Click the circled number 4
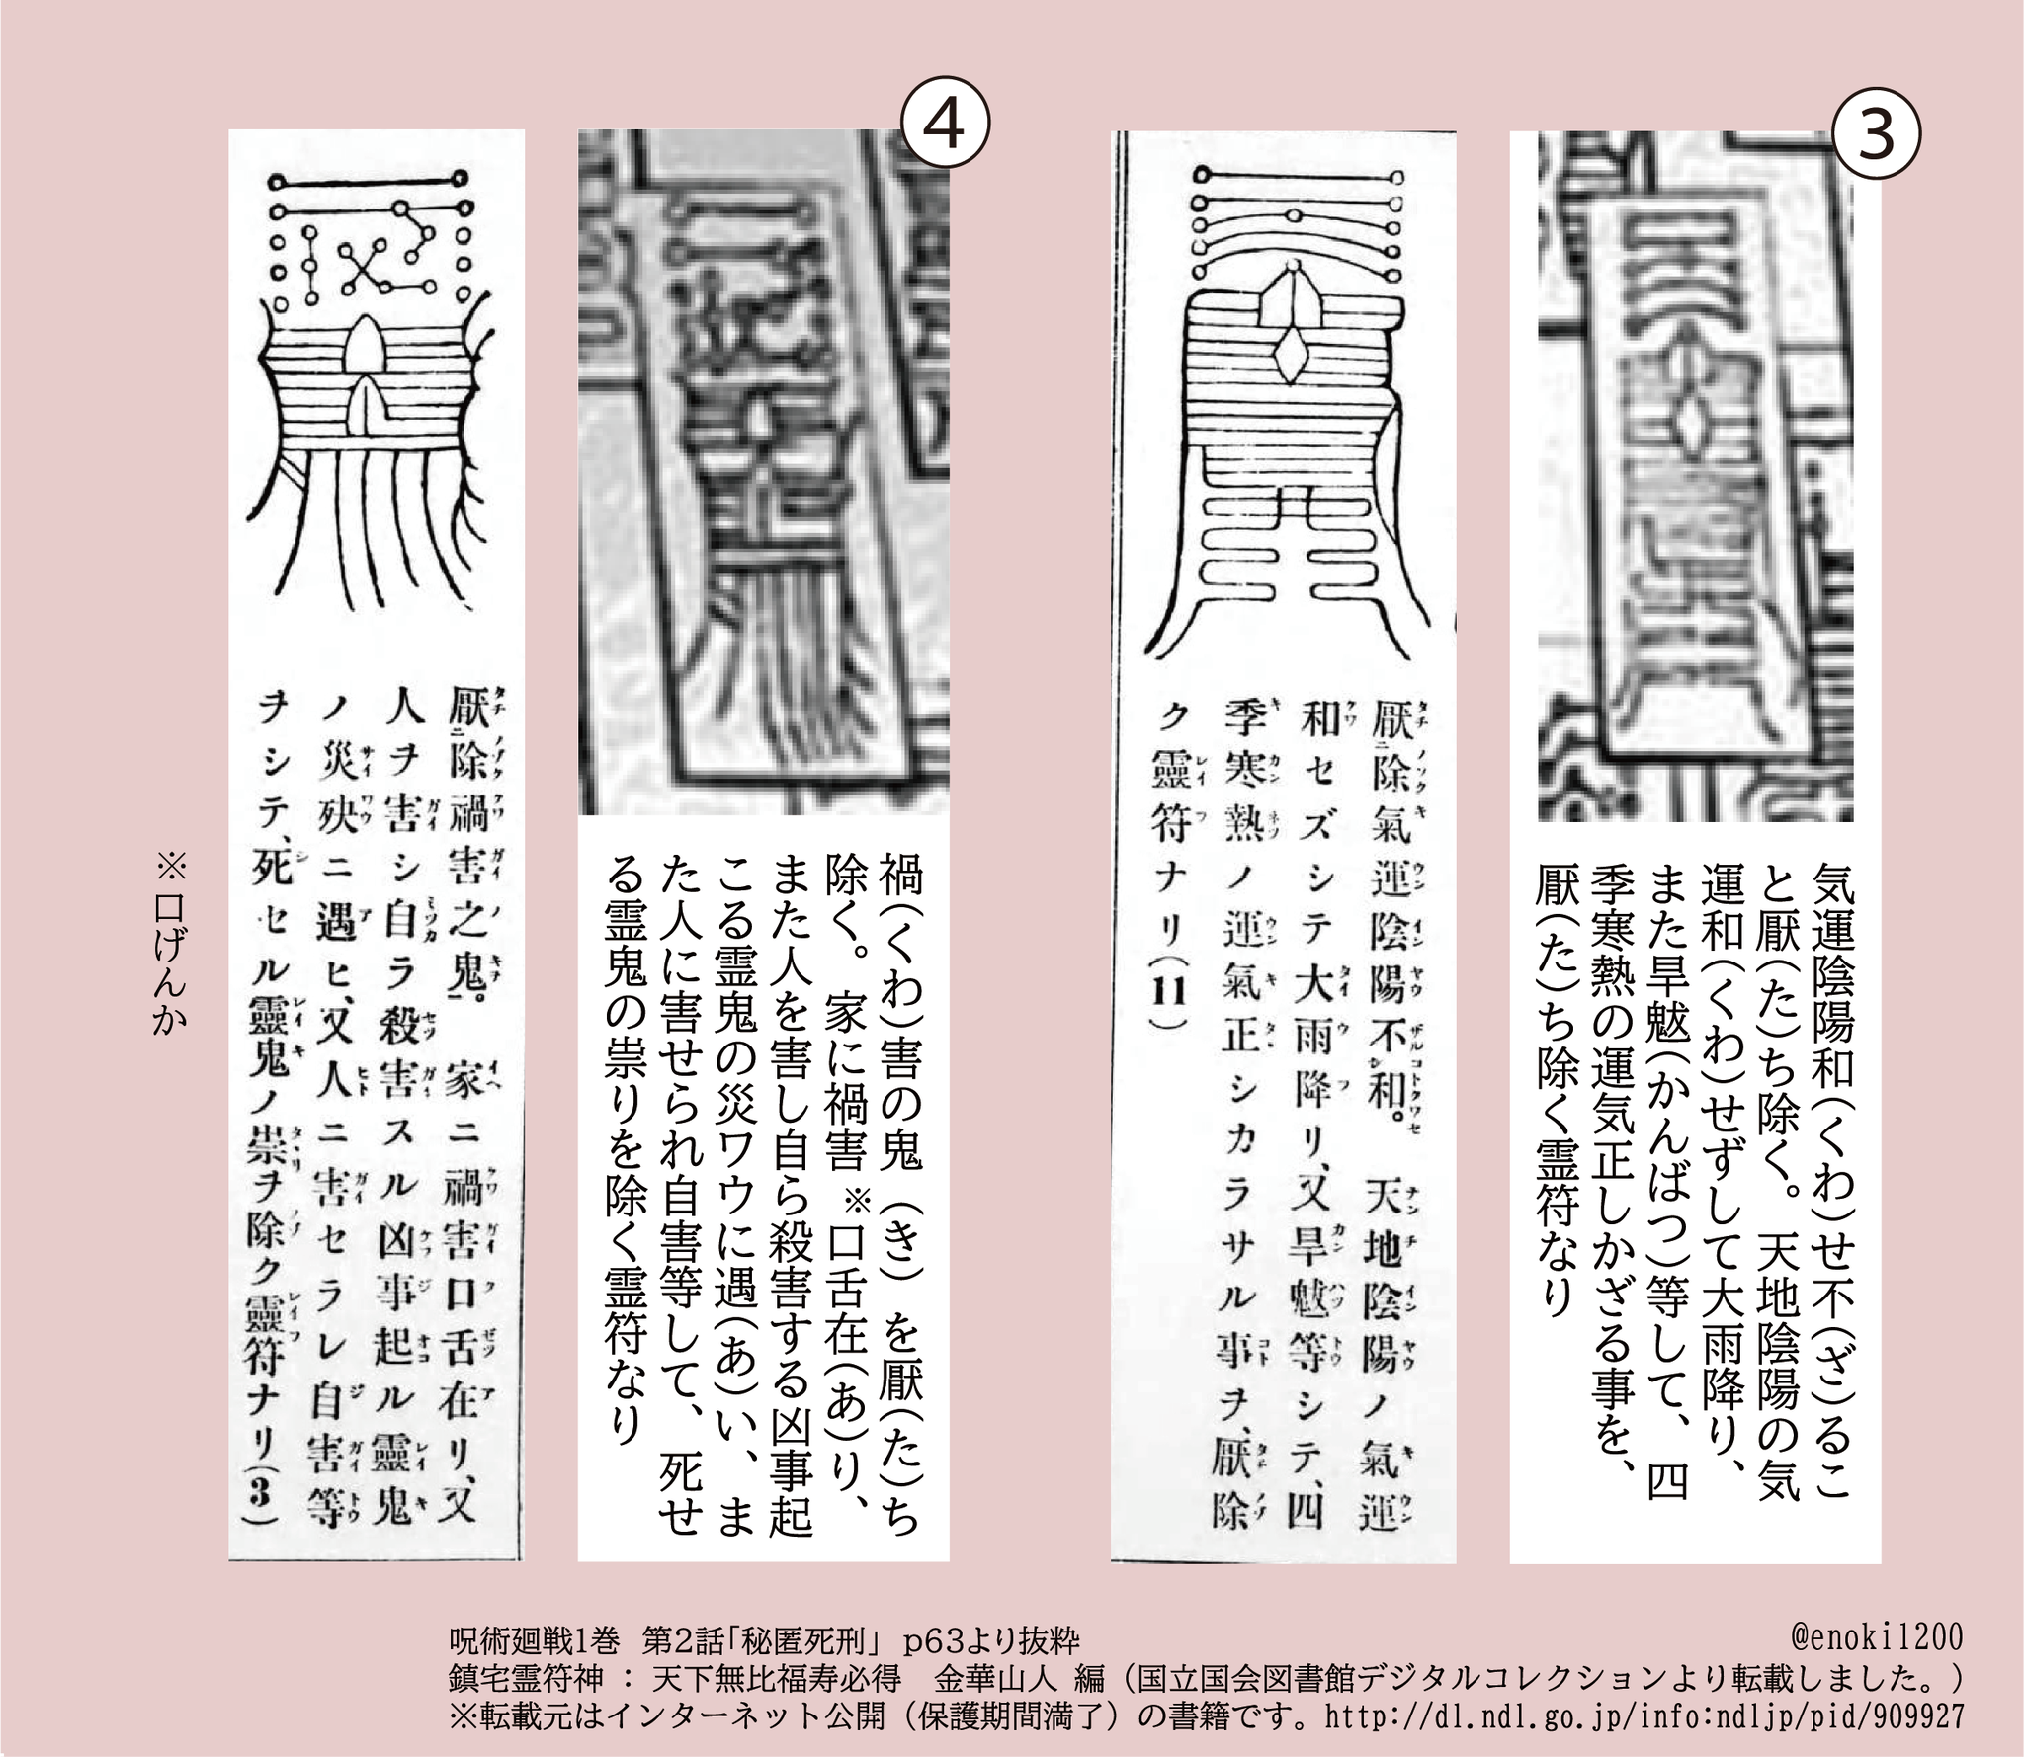945,127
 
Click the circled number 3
1877,135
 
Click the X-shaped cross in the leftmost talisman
368,266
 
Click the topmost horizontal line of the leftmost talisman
369,181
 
